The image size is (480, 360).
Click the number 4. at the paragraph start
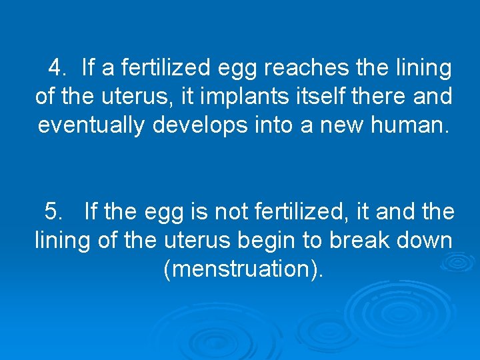pos(58,67)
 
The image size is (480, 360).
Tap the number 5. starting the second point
pos(55,212)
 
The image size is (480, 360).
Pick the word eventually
pos(91,125)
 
